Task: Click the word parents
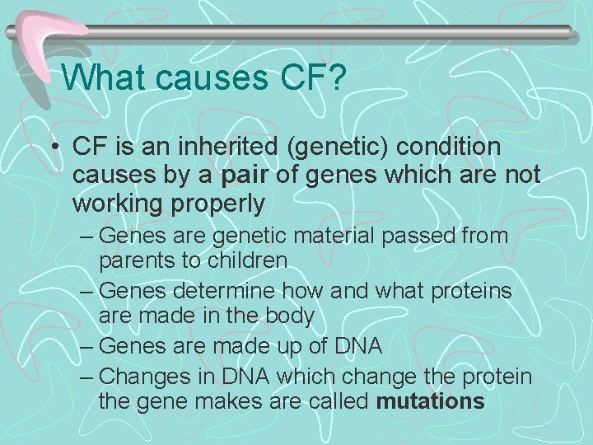point(138,260)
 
